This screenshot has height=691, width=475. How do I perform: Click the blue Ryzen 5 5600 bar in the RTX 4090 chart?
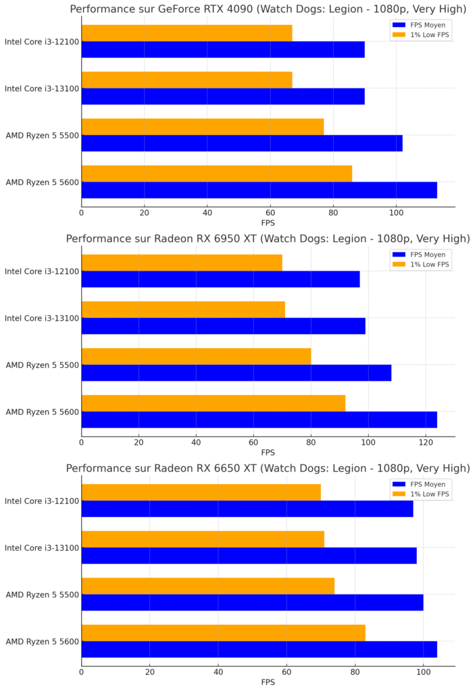point(259,190)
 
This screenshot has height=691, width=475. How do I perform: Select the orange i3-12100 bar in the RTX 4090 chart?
point(186,33)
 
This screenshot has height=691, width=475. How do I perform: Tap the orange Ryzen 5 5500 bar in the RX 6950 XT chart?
point(196,356)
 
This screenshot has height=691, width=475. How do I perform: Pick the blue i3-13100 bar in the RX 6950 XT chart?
point(223,326)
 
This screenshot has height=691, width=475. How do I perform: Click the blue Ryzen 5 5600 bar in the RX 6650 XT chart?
point(259,649)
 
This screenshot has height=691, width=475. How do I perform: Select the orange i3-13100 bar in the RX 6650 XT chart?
point(203,539)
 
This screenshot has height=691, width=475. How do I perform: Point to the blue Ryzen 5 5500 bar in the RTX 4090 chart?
point(242,143)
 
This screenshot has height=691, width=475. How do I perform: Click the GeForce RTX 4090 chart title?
point(268,9)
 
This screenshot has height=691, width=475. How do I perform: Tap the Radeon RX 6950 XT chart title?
point(268,239)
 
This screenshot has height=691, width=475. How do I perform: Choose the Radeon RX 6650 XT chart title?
point(268,468)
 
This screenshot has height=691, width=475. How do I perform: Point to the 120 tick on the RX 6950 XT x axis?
point(426,443)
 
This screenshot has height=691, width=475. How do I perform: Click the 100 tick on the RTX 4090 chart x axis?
point(396,213)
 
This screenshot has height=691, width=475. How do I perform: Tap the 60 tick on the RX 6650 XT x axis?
point(286,672)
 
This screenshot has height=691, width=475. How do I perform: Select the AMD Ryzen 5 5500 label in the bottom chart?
point(42,595)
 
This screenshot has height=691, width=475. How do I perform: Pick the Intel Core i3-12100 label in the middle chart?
point(42,271)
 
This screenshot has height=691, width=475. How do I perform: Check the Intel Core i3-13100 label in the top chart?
point(42,88)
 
